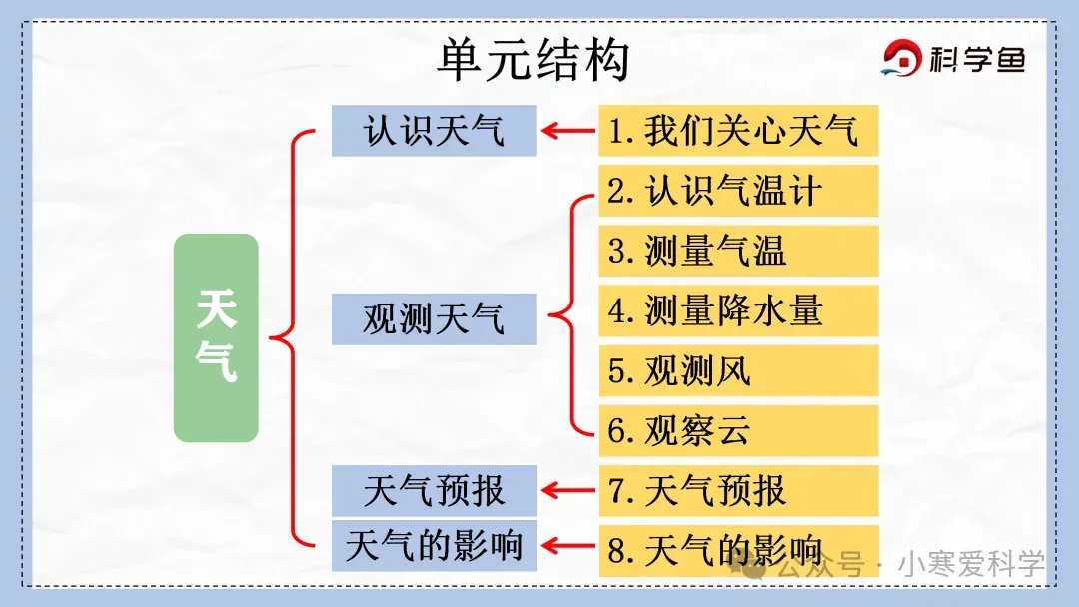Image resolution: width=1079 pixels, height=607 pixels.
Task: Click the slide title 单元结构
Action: [534, 60]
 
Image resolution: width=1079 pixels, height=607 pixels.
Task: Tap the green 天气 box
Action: [216, 337]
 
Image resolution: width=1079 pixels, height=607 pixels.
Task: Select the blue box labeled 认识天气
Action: [434, 130]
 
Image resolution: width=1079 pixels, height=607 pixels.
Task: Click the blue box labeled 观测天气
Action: [434, 319]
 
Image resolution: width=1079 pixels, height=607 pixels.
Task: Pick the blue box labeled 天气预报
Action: [434, 490]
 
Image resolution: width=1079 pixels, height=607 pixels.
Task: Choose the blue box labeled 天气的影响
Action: [434, 545]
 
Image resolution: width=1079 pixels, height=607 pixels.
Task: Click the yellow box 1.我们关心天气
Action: [738, 130]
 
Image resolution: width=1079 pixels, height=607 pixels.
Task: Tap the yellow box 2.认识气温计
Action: [738, 191]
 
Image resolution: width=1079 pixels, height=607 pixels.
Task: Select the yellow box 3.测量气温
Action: [738, 251]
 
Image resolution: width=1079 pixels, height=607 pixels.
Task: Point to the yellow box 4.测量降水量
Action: [738, 310]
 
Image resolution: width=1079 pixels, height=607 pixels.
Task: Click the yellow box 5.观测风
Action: [738, 371]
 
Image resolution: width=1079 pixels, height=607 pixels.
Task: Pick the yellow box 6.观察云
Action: [738, 431]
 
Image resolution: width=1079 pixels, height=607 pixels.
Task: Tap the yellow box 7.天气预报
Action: [738, 490]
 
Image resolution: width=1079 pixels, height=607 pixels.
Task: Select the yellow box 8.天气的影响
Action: [738, 549]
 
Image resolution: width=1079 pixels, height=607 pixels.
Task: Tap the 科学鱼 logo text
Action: [977, 61]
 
